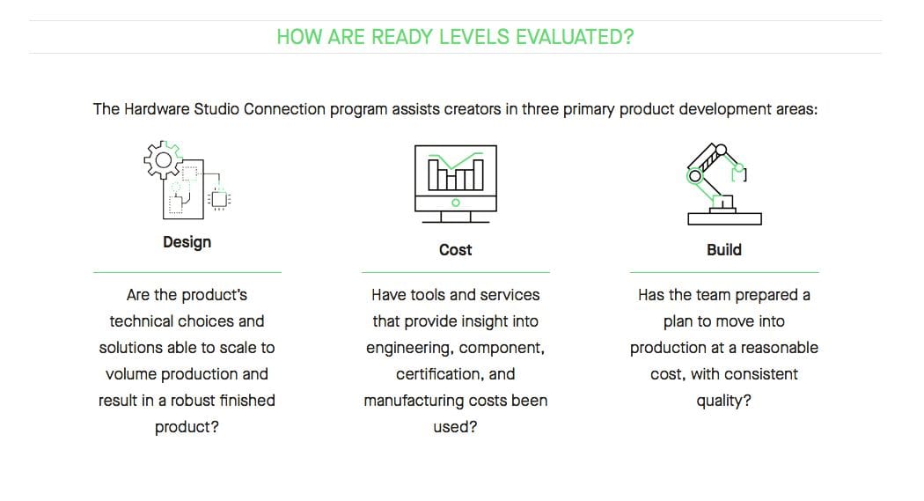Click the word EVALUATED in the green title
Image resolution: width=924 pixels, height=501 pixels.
pos(575,37)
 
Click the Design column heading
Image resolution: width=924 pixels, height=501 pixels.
pos(187,242)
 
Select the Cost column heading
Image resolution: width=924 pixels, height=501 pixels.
pos(456,250)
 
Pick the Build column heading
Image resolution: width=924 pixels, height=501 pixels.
pos(724,250)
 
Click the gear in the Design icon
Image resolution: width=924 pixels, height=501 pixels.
pos(163,159)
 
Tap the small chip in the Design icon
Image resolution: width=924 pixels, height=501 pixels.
pos(219,199)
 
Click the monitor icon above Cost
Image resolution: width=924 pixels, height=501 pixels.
pos(456,184)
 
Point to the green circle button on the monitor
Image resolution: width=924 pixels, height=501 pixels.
pos(456,203)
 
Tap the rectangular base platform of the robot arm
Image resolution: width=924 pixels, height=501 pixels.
pos(724,218)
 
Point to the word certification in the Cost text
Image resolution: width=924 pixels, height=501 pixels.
pos(438,374)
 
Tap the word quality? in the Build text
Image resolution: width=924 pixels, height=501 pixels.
pos(723,402)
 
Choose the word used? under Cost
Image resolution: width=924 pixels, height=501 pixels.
pos(456,427)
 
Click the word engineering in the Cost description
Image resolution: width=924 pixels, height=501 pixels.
pos(409,349)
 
